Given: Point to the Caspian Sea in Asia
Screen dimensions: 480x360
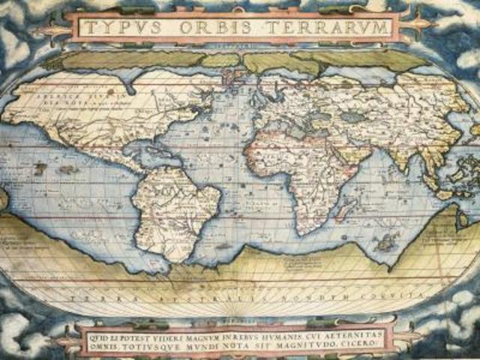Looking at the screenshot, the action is click(350, 117).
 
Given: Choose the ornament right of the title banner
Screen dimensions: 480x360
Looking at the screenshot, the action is click(420, 28).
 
